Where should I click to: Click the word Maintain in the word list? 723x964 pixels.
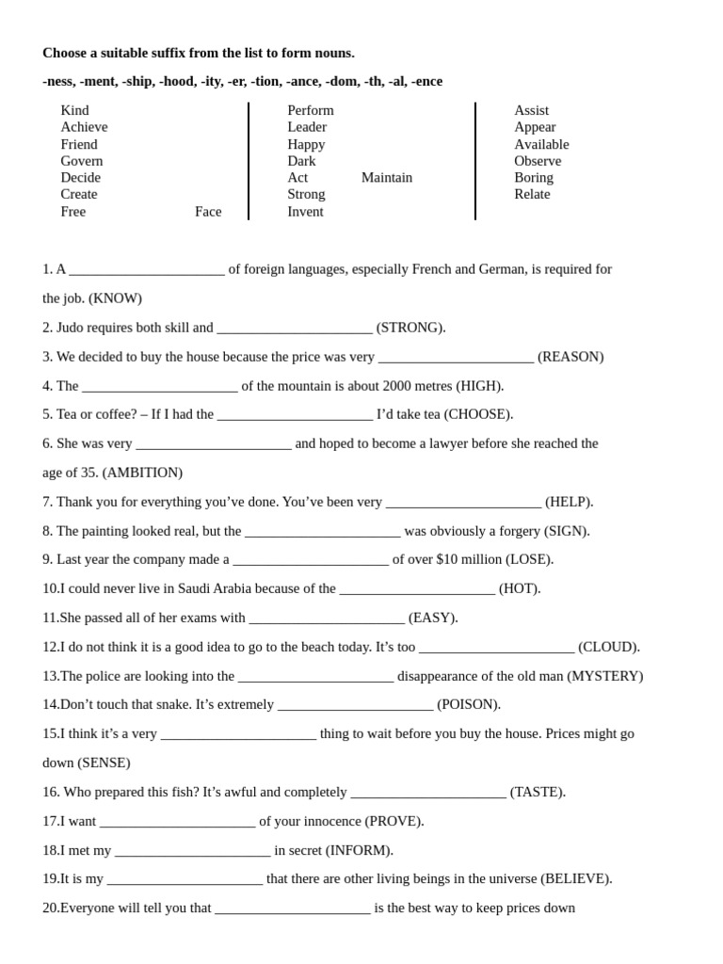click(x=386, y=177)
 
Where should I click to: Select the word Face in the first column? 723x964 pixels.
click(x=208, y=211)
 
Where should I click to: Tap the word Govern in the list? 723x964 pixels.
click(x=82, y=161)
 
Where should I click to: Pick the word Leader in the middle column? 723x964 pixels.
click(x=307, y=127)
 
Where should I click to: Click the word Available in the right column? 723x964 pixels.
click(x=541, y=144)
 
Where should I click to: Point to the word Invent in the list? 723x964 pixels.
click(x=305, y=211)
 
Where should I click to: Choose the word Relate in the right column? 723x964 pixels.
click(x=532, y=194)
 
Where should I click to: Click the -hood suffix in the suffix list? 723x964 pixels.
click(x=176, y=81)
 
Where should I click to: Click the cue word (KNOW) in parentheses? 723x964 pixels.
click(x=115, y=298)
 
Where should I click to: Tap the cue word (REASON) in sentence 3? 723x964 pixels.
click(x=570, y=357)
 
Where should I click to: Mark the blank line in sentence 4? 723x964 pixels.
click(x=159, y=387)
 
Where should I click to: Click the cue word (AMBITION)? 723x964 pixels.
click(x=142, y=473)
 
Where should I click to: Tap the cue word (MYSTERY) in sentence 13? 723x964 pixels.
click(x=605, y=676)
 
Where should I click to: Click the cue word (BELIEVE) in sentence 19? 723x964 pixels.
click(x=576, y=878)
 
